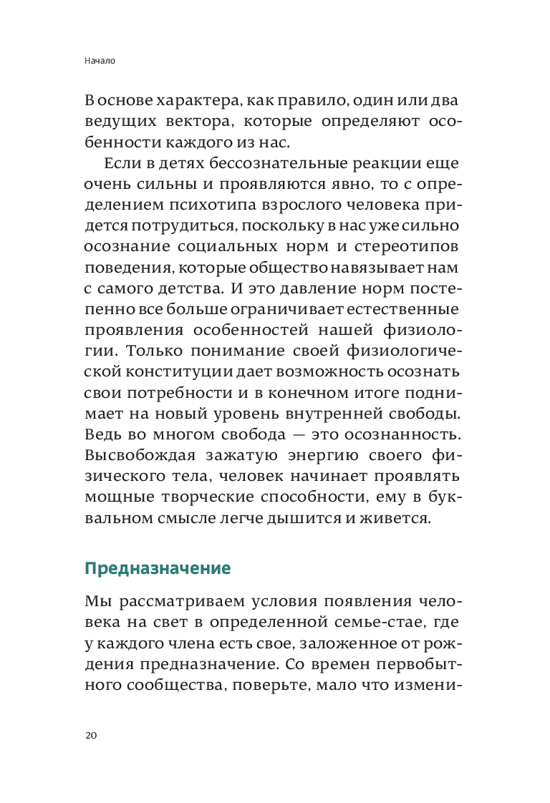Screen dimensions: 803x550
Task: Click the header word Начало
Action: click(100, 62)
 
